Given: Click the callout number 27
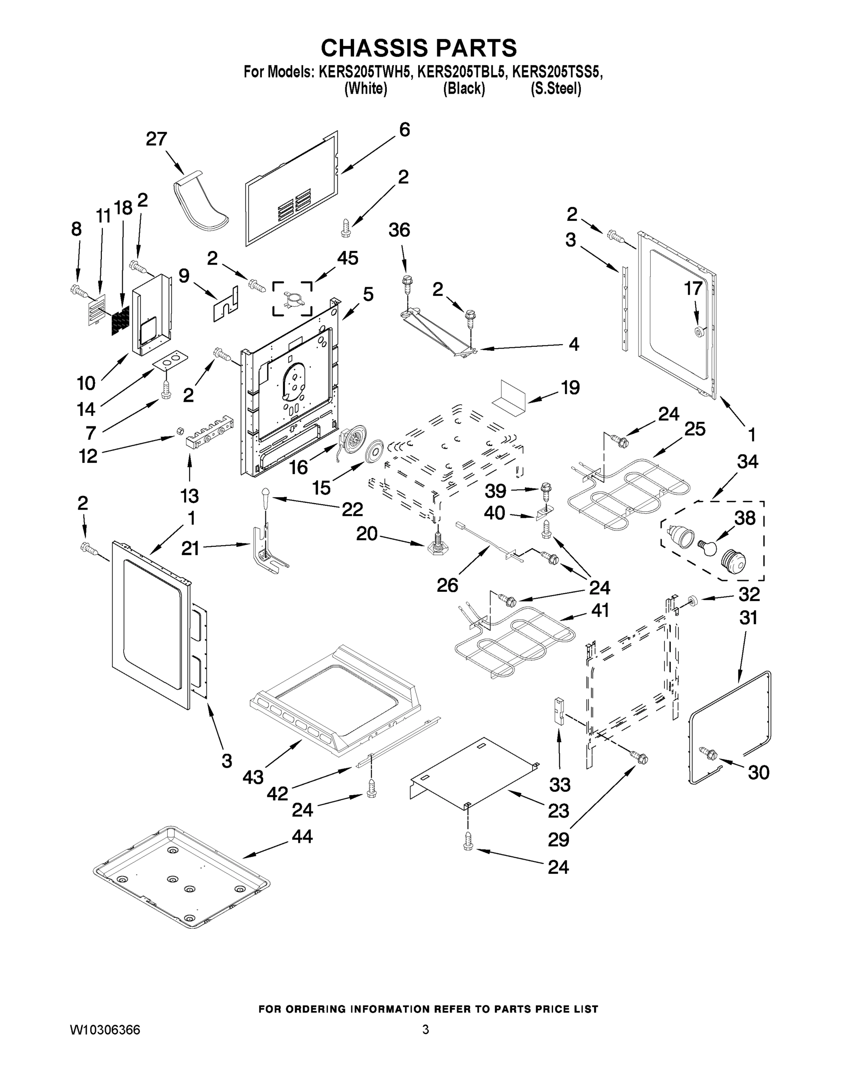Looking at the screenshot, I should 156,139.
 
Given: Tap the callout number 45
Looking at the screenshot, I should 348,258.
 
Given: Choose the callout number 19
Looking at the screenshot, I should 570,387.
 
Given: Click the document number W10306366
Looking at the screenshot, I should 105,1030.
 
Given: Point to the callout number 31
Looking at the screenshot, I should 748,618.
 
